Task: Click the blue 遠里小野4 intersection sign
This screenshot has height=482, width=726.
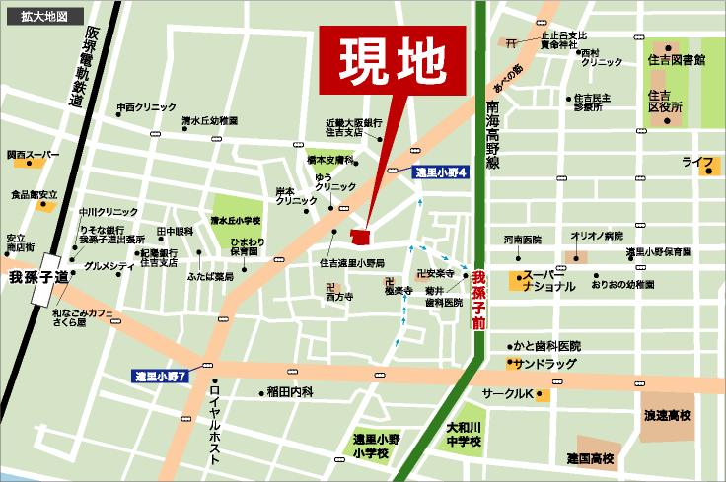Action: [x=440, y=172]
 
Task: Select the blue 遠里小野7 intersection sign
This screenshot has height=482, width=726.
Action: [x=166, y=377]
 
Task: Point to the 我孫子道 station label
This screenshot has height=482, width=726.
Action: [x=34, y=278]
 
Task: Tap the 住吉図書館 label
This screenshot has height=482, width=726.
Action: [x=677, y=61]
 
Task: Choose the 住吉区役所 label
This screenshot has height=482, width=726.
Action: [x=666, y=102]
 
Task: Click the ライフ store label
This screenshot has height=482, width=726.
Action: [x=697, y=161]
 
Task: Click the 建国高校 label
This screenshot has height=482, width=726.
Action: [x=590, y=459]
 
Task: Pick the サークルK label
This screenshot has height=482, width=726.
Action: [x=506, y=395]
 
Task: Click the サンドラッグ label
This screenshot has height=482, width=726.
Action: [x=544, y=363]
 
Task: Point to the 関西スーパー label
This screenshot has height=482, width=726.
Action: [x=33, y=155]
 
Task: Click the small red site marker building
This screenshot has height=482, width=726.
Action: [x=359, y=235]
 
